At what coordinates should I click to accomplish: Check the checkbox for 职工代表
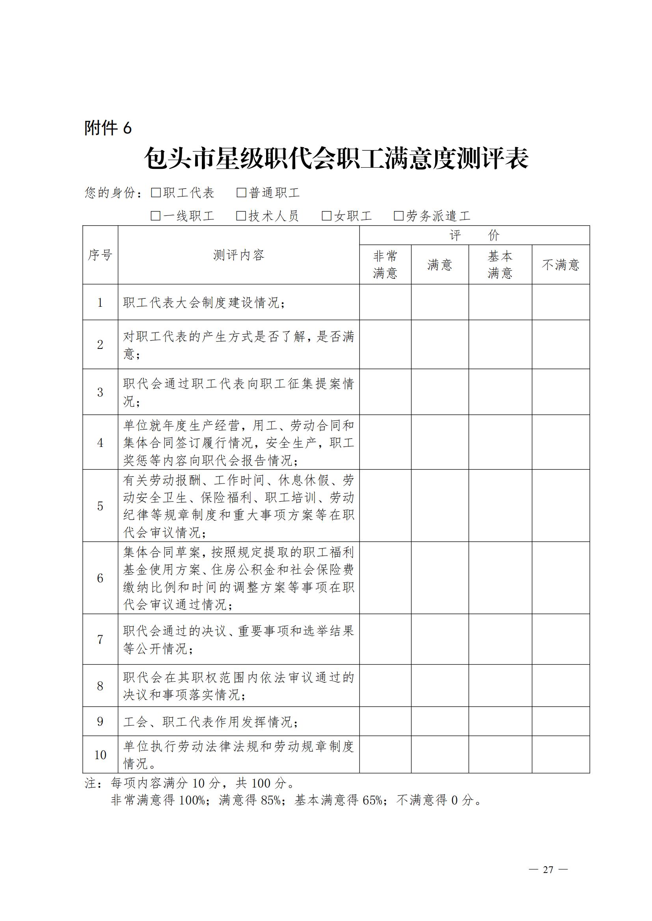(156, 193)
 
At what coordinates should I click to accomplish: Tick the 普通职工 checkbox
(241, 193)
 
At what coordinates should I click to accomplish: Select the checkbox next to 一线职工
(156, 216)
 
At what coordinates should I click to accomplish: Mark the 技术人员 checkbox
(241, 216)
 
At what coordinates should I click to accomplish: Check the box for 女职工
(327, 216)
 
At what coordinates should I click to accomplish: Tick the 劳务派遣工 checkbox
(399, 216)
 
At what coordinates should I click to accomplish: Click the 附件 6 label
(108, 128)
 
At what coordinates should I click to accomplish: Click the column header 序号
(101, 255)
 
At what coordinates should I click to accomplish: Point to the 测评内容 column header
(238, 255)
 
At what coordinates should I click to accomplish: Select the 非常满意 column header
(385, 265)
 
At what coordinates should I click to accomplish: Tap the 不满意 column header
(561, 265)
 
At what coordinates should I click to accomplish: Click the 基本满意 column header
(500, 265)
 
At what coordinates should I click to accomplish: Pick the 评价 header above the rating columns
(474, 235)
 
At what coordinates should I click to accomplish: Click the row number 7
(101, 639)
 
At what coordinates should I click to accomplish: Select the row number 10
(101, 755)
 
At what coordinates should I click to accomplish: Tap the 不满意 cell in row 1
(561, 302)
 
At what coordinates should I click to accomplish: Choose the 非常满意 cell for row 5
(385, 506)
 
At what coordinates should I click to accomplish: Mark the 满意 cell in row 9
(440, 722)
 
